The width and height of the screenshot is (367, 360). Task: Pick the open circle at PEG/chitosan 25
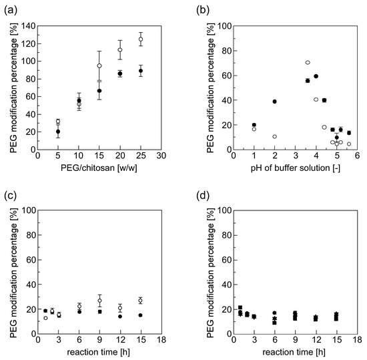click(x=141, y=39)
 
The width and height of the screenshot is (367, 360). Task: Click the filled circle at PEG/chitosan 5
click(x=57, y=132)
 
